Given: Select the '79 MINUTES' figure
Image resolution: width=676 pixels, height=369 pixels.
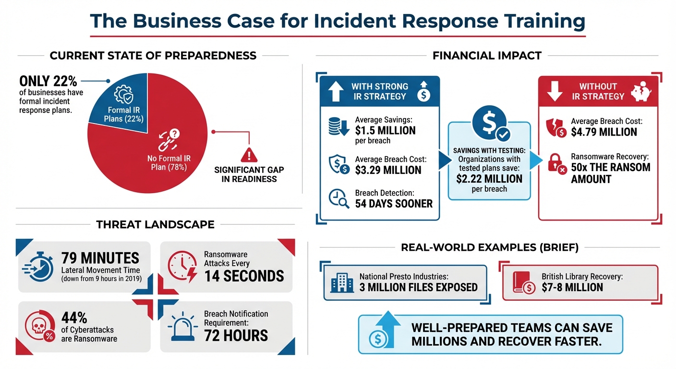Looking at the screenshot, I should (100, 258).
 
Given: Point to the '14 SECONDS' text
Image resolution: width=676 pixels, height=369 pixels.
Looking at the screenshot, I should (244, 276).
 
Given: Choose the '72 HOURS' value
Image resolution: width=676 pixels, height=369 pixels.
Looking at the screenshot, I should (236, 335).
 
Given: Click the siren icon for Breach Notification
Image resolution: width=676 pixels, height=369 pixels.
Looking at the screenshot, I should (183, 329).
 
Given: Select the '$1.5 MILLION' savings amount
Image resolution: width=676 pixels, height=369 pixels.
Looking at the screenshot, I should (385, 130).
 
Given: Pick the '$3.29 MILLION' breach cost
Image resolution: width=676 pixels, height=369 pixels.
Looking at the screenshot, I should (388, 170).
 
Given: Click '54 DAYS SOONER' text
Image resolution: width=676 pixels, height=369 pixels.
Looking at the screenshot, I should (394, 204).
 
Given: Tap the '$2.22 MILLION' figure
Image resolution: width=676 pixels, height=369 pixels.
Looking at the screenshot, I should (489, 179).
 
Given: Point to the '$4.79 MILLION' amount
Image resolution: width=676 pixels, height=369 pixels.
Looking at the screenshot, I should (604, 132).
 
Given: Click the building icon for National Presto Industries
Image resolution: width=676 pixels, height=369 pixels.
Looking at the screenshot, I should (342, 283).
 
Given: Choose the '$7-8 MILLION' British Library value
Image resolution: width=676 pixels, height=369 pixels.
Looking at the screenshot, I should (572, 287).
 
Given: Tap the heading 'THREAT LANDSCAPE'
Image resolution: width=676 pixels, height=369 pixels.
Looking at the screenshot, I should (155, 224).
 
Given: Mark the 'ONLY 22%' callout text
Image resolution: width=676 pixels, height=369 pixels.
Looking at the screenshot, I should (48, 81).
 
